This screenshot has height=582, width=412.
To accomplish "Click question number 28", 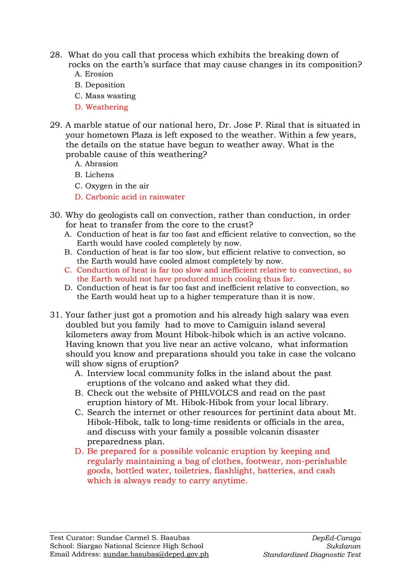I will [x=56, y=55].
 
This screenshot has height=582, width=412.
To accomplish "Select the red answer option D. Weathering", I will [x=101, y=107].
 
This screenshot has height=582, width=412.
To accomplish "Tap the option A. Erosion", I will [x=94, y=74].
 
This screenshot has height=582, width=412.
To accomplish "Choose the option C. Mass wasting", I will [x=105, y=96].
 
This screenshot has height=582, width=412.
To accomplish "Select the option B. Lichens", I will [x=94, y=175].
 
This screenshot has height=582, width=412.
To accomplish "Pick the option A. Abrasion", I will [x=96, y=164].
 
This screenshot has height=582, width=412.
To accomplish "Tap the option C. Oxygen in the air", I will [x=112, y=186].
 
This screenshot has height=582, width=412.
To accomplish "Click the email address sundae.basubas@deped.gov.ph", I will [x=156, y=555].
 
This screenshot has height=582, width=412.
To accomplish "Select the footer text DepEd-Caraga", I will [x=336, y=538].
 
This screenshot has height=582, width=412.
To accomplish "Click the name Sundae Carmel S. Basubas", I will [x=143, y=538].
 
